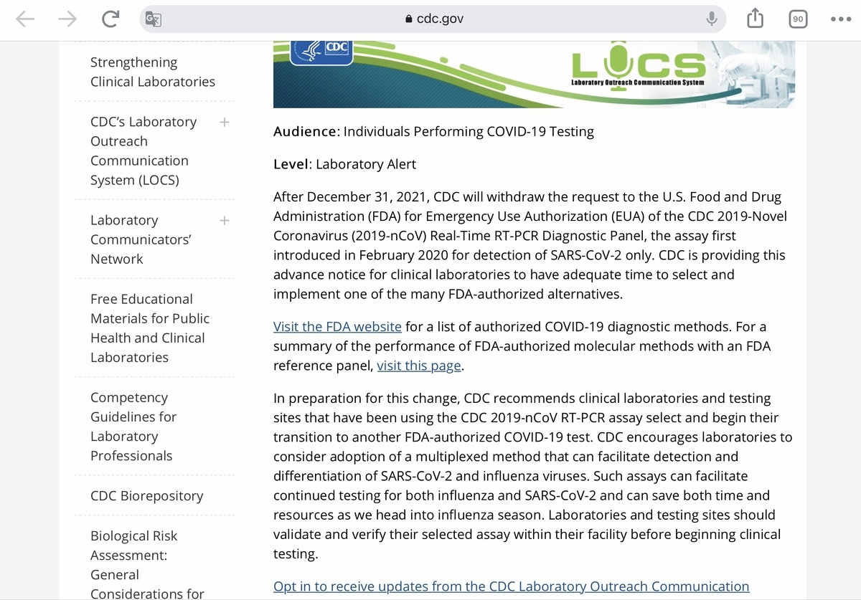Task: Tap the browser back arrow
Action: tap(25, 19)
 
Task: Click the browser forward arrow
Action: tap(67, 19)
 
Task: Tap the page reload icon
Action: tap(110, 19)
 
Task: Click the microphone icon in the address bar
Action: tap(711, 19)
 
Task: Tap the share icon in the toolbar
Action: tap(755, 19)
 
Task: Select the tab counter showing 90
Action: tap(797, 19)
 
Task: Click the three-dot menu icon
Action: tap(840, 19)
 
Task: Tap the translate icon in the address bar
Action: tap(154, 19)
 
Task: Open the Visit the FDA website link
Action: tap(337, 327)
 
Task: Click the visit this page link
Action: tap(419, 366)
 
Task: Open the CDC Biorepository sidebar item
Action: tap(146, 496)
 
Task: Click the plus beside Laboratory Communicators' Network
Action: tap(225, 220)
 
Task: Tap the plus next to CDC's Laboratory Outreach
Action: tap(225, 122)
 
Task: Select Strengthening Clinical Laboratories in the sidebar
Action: tap(152, 72)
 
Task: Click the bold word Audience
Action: tap(305, 132)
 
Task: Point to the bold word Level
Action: tap(291, 164)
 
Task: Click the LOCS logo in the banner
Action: tap(638, 68)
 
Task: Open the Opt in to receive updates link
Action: tap(511, 586)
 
